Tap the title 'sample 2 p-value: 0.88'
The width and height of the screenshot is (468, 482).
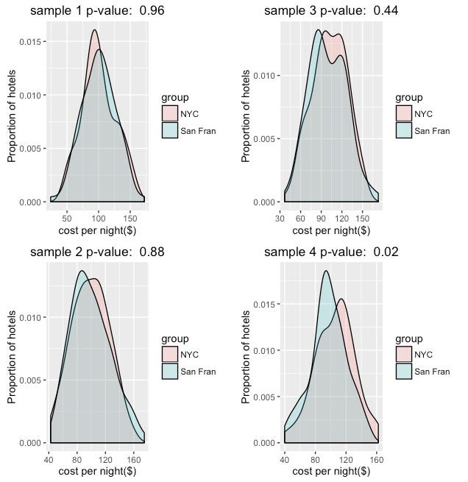pyautogui.click(x=97, y=252)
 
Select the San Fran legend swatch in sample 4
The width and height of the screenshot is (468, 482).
pyautogui.click(x=403, y=372)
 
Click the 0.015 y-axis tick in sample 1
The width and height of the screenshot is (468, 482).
pyautogui.click(x=32, y=43)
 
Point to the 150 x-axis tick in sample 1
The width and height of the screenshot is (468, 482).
pyautogui.click(x=130, y=218)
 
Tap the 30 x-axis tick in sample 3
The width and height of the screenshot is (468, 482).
pyautogui.click(x=281, y=218)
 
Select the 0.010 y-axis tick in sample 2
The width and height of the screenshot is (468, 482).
pyautogui.click(x=32, y=318)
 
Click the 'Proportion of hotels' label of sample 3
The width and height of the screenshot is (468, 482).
pyautogui.click(x=247, y=110)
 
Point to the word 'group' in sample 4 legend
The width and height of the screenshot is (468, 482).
pyautogui.click(x=408, y=339)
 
